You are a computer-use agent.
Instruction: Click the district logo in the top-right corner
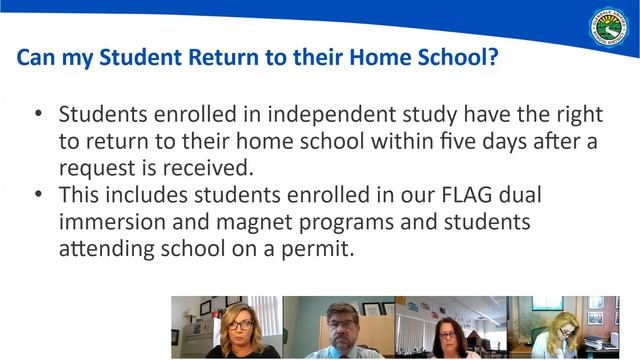tap(609, 27)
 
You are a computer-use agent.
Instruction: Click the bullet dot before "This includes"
tap(38, 194)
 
